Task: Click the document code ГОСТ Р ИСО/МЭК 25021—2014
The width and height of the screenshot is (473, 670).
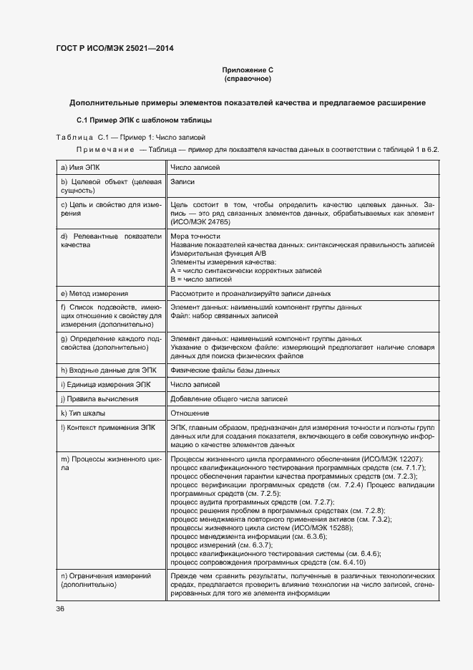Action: point(114,49)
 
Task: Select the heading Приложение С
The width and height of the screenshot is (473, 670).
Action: point(248,70)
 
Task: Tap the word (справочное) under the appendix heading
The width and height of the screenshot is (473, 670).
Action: point(248,79)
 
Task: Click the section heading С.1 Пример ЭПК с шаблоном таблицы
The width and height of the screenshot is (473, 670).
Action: point(143,120)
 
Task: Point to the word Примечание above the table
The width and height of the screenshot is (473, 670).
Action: point(106,149)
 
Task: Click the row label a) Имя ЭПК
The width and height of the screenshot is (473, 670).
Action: point(82,168)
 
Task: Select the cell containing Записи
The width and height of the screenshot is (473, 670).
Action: point(183,182)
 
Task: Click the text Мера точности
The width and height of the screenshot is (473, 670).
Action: point(195,235)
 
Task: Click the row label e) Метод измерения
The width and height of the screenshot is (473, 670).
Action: point(94,294)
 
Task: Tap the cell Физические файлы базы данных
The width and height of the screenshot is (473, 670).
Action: point(225,370)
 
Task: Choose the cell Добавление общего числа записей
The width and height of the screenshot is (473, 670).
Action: point(229,399)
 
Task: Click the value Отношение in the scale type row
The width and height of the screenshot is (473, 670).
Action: point(190,413)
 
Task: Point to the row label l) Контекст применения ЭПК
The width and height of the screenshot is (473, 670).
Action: point(107,427)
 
